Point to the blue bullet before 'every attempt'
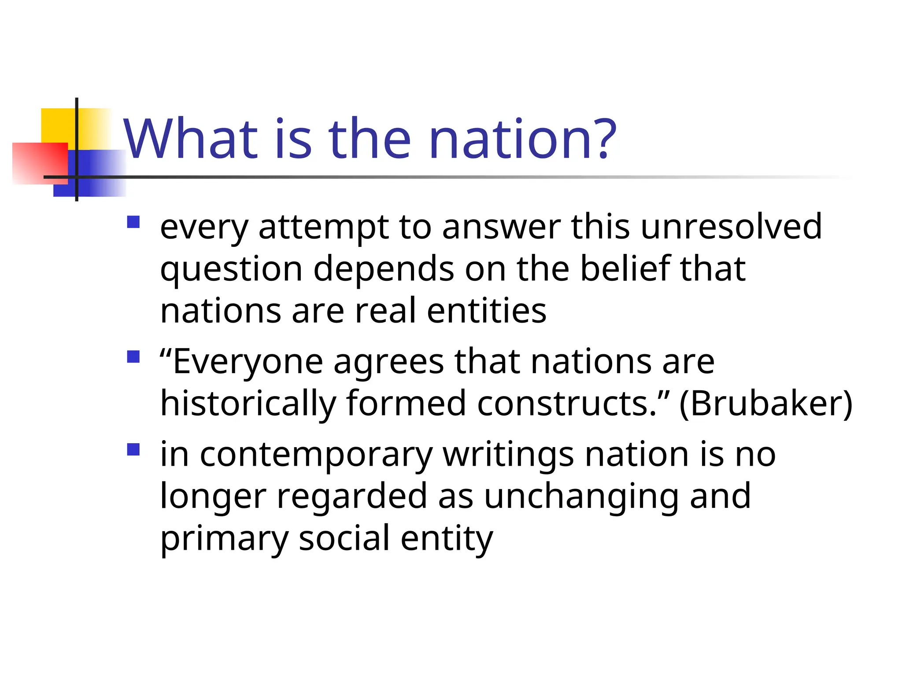(x=133, y=222)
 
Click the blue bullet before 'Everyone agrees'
(x=133, y=356)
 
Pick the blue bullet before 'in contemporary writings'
(x=133, y=450)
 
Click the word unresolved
(x=731, y=227)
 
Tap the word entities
(x=487, y=311)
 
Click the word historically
(x=248, y=404)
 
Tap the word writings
(x=508, y=455)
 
